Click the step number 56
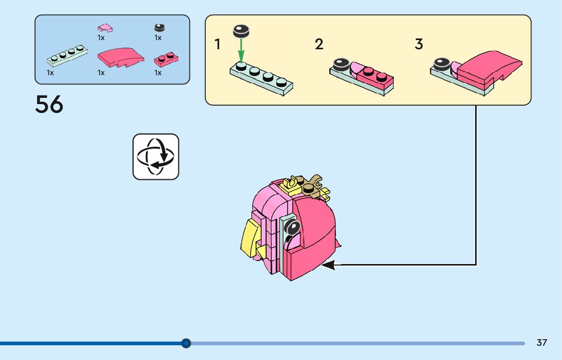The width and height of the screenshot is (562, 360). point(49,105)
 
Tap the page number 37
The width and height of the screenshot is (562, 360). point(542,343)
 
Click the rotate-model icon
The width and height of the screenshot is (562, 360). point(156,156)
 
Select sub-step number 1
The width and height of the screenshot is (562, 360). point(217,45)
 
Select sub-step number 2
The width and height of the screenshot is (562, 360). point(319,45)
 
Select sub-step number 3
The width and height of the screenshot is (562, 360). point(419,45)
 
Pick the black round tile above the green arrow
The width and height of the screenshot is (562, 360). point(240,31)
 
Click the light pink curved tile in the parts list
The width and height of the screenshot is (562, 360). point(105,27)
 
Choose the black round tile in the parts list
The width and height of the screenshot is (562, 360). point(160,28)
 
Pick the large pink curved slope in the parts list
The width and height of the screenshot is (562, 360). point(120,57)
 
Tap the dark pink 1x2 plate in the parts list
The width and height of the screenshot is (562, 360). point(166,60)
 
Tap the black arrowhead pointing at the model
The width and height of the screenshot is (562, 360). point(328,265)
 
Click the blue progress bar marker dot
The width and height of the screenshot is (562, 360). point(186,343)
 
